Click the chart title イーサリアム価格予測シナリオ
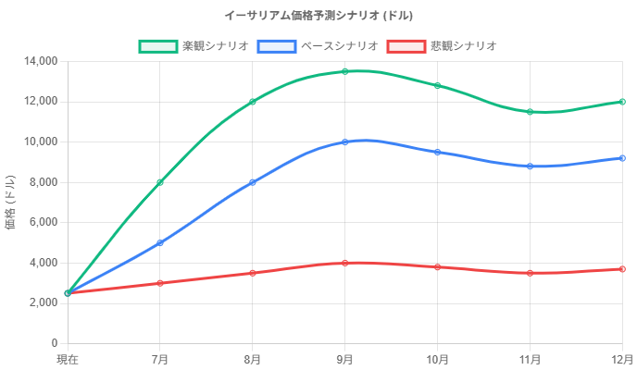pos(318,16)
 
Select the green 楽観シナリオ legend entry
pos(193,45)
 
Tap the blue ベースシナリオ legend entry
pos(318,45)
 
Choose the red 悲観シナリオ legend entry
pos(442,45)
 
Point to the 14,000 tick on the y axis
pos(41,61)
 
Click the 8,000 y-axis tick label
pos(44,182)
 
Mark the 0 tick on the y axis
pos(55,343)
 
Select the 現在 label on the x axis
pos(68,359)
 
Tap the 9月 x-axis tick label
pos(344,359)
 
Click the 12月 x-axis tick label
pos(621,359)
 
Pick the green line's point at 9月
pos(344,71)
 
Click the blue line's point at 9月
pos(344,142)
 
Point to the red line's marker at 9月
pos(344,263)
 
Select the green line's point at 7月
pos(160,182)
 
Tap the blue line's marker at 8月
pos(252,182)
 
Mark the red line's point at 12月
pos(622,269)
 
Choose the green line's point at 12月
pos(622,102)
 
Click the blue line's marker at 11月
pos(530,166)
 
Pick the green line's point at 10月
pos(437,86)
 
